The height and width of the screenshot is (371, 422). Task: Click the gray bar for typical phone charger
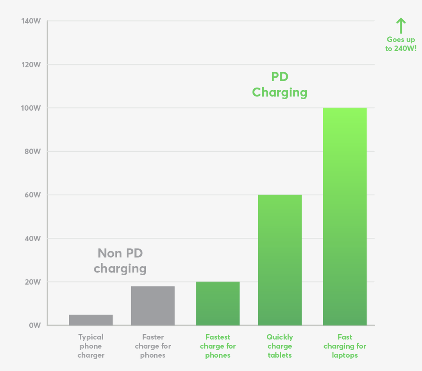(91, 320)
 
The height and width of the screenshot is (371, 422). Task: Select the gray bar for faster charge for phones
(153, 306)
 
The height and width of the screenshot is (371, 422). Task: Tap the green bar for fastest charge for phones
(218, 303)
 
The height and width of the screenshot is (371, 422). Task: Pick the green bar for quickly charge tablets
(280, 260)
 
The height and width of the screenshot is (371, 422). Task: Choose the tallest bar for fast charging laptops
(345, 216)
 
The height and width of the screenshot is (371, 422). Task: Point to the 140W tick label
(31, 21)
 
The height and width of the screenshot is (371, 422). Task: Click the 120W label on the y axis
(31, 65)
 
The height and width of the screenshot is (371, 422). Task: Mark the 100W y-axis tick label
(31, 108)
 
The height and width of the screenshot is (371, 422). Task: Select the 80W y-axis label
(32, 151)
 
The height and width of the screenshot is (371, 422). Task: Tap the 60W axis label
(32, 195)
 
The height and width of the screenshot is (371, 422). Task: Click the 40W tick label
(32, 238)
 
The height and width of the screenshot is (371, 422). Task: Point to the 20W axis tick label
(32, 282)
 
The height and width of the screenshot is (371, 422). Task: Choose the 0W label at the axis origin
(34, 325)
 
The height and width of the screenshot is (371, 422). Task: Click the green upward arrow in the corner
(401, 26)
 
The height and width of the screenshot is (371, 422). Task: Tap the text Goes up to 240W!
(401, 44)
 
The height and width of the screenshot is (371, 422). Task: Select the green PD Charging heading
(280, 84)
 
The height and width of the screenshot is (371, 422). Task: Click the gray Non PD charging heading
(120, 261)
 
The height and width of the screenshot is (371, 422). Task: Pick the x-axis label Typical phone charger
(91, 346)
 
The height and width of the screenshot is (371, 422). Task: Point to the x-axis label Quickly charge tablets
(280, 346)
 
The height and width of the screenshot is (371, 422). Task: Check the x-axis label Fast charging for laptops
(345, 346)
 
